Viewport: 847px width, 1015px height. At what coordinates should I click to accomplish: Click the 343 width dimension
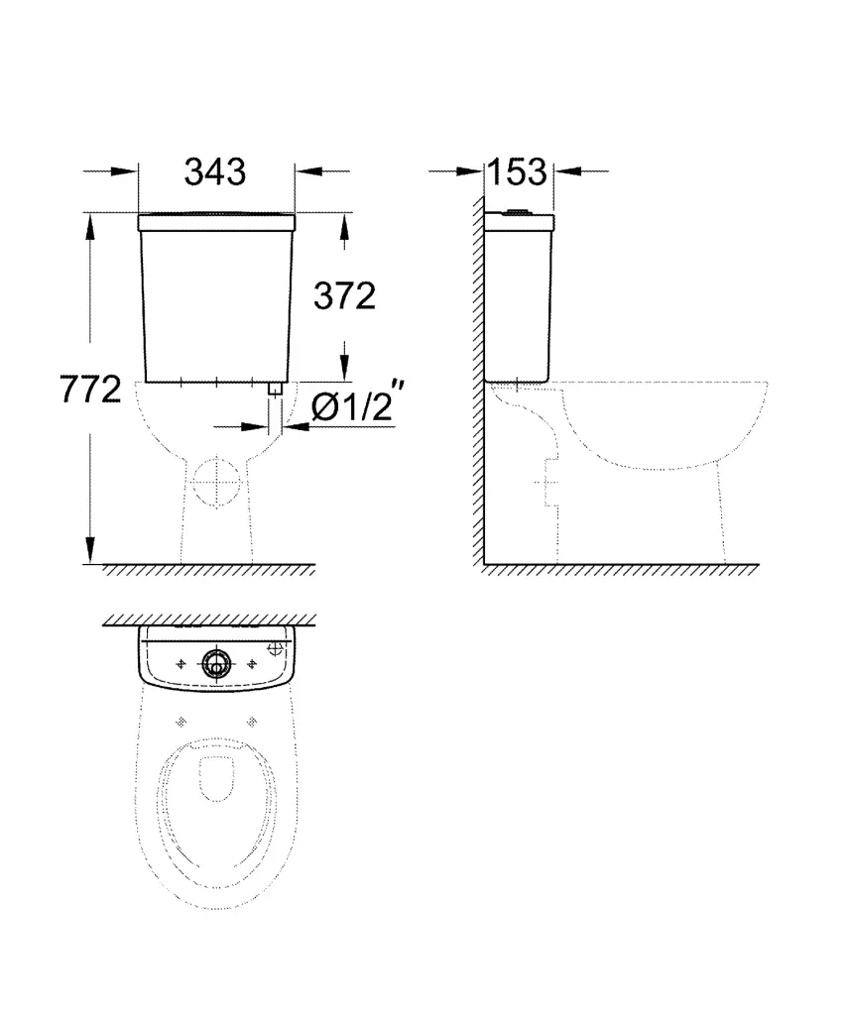pos(215,172)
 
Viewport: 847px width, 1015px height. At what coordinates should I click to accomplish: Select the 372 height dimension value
pos(344,296)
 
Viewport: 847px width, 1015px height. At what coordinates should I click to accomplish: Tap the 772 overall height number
pos(90,390)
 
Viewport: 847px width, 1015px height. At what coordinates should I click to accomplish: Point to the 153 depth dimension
pos(517,172)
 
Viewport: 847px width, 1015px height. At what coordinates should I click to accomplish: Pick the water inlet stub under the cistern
pos(275,390)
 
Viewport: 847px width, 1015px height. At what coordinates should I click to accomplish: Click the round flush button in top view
pos(216,663)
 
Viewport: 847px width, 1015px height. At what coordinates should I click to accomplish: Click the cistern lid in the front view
pos(217,222)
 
